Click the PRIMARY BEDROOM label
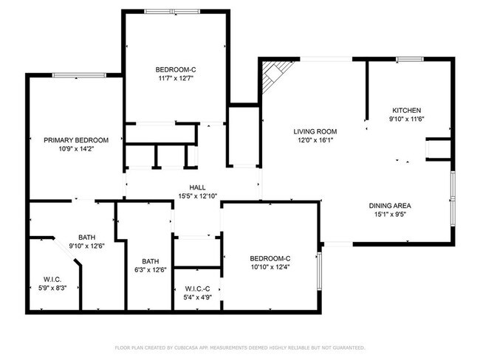point(76,140)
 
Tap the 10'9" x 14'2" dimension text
point(76,148)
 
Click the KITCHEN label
point(405,110)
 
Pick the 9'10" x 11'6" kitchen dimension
point(405,119)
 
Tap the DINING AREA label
point(390,206)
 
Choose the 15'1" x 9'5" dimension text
point(390,215)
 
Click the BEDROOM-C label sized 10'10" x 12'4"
point(270,257)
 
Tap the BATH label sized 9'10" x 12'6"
point(86,237)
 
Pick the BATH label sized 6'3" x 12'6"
point(150,261)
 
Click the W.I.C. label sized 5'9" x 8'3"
point(51,279)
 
